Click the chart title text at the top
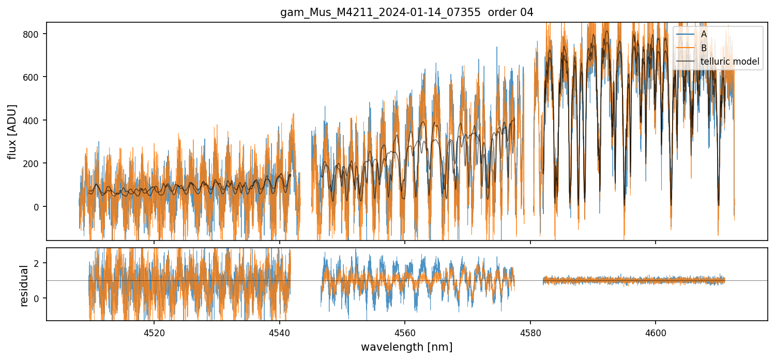406,12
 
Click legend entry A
704,34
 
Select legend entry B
704,48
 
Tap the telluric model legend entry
730,62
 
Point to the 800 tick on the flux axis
35,34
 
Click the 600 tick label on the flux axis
35,77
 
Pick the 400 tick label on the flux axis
35,121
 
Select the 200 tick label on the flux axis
35,163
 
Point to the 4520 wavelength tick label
154,333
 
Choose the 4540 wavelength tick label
279,333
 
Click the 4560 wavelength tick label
405,333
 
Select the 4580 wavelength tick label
530,333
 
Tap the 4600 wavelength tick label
656,333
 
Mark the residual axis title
23,285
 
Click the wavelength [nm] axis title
406,347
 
